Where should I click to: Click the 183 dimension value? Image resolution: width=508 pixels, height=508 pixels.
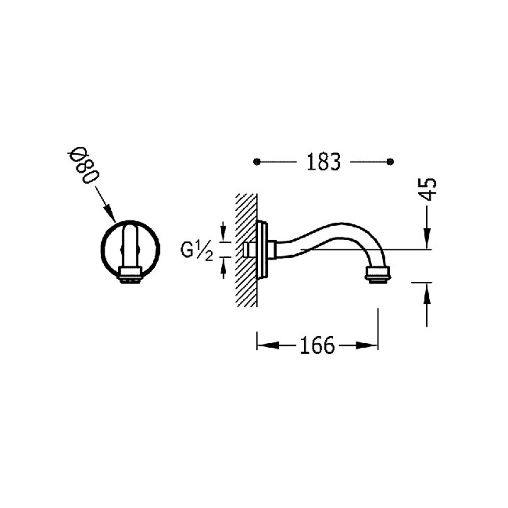coord(323,162)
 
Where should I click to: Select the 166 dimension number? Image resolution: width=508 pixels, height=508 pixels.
coord(317,346)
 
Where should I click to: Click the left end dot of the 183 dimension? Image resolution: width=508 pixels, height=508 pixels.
coord(257,162)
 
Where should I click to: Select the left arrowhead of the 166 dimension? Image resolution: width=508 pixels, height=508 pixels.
coord(268,345)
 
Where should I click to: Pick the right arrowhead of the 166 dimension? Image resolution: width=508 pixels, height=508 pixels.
coord(367,345)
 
